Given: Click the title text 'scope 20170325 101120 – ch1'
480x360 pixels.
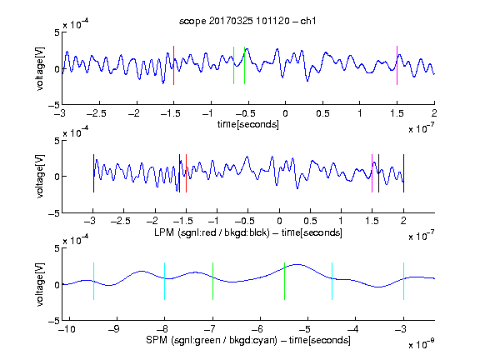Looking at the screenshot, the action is (x=247, y=21).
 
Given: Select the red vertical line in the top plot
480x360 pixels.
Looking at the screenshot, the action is (x=173, y=65).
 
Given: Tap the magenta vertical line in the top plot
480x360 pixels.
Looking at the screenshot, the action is (x=397, y=65).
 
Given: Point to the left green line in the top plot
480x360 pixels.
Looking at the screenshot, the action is (x=233, y=65).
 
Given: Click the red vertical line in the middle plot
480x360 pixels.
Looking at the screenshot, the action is (x=186, y=173).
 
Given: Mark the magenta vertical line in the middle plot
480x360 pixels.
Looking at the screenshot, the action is (x=372, y=173).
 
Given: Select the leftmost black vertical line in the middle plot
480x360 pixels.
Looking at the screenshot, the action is (x=93, y=173).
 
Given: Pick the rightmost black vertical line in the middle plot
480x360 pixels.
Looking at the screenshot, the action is (x=403, y=173).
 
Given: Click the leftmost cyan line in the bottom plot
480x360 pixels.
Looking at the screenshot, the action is (x=93, y=281).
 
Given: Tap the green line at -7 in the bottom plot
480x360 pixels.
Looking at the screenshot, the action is (x=212, y=281).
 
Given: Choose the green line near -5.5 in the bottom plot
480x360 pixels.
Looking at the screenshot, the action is (x=284, y=281).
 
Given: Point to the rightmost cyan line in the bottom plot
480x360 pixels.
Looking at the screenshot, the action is (x=403, y=281).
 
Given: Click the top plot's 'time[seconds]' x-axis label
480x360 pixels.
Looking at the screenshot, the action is (x=248, y=124).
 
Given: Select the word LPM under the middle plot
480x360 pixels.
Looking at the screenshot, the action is (x=164, y=232).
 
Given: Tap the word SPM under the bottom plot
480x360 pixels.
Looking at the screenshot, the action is (x=157, y=340).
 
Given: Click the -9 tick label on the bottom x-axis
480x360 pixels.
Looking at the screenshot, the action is (x=114, y=329).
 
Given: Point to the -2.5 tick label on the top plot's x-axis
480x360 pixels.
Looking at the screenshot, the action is (x=97, y=113).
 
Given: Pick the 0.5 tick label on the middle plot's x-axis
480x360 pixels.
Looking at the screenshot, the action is (x=310, y=221).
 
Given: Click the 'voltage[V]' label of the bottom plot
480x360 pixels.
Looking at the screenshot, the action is (x=40, y=284).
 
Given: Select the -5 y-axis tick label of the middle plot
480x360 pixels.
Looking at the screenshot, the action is (x=54, y=213).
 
